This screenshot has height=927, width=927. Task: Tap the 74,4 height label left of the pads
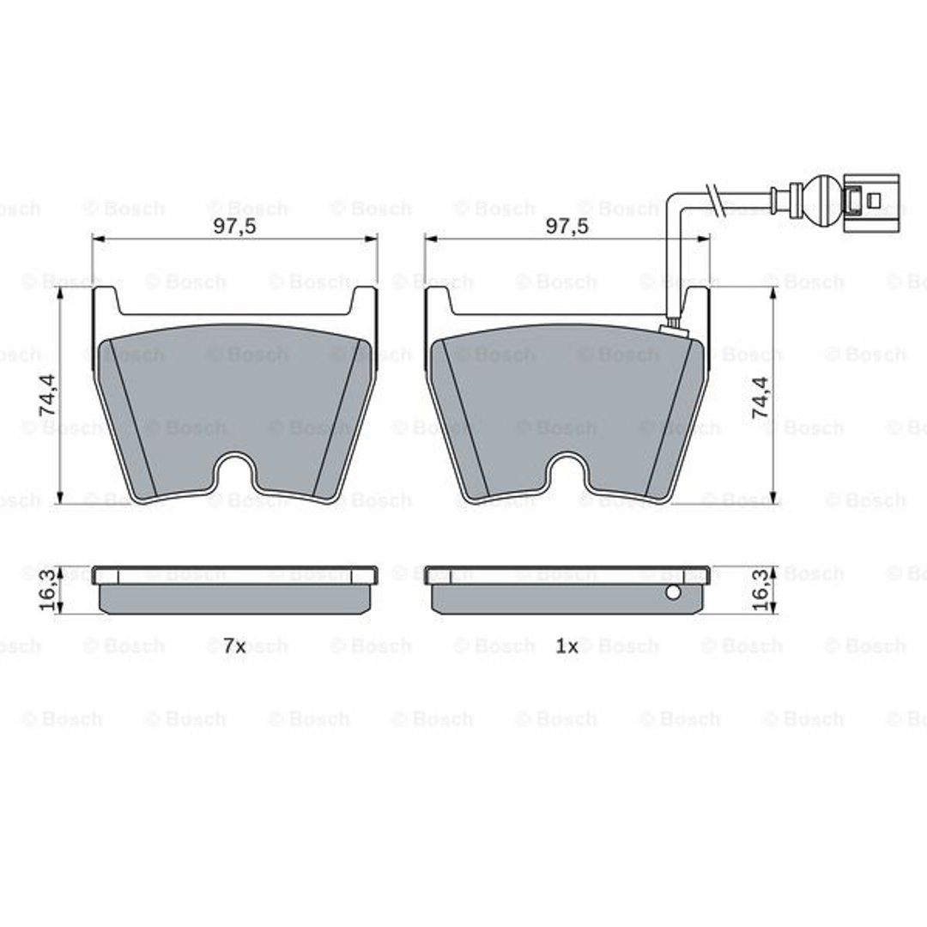click(48, 394)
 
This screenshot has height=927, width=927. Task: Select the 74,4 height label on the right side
click(760, 397)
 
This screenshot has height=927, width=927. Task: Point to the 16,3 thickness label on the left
click(48, 590)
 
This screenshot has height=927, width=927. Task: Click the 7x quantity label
click(234, 646)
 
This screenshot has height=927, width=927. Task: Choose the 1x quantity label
click(566, 646)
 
